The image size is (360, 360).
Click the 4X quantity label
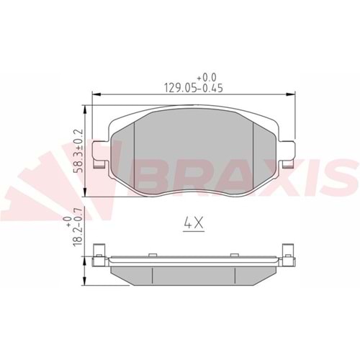click(x=191, y=224)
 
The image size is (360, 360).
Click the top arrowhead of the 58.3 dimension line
click(x=86, y=108)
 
